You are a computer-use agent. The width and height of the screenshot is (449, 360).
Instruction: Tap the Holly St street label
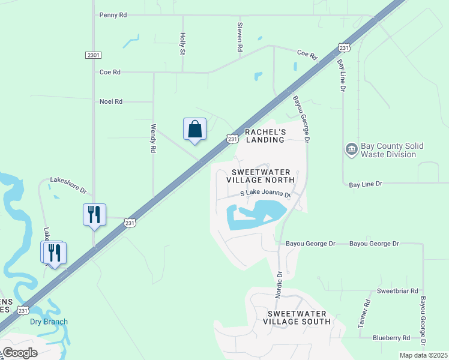click(182, 44)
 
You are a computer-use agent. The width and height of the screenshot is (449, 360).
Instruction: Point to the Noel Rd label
click(110, 102)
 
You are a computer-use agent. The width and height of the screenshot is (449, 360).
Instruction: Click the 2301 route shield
click(92, 55)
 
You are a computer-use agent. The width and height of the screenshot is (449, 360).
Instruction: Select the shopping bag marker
click(194, 129)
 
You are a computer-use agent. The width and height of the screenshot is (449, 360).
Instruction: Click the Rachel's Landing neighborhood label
click(265, 136)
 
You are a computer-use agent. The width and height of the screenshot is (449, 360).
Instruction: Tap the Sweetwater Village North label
click(261, 175)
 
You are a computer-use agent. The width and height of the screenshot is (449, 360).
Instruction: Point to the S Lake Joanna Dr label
click(265, 194)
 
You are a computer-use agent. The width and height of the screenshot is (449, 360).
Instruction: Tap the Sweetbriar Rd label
click(397, 291)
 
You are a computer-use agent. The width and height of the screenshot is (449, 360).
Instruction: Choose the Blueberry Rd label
click(390, 338)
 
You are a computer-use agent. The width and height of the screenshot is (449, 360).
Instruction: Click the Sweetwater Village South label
click(297, 317)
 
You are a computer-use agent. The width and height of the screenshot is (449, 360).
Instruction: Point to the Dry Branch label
click(49, 322)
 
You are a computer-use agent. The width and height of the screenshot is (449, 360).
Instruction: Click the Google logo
click(19, 353)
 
